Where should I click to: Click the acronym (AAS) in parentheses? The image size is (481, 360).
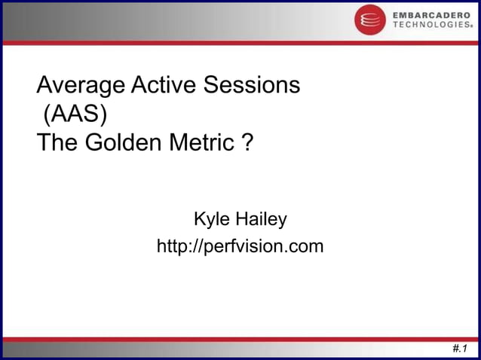click(x=74, y=114)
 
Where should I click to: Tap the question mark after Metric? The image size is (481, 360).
click(x=247, y=142)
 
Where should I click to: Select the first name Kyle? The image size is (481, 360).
click(x=211, y=220)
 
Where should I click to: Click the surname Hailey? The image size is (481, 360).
click(x=261, y=220)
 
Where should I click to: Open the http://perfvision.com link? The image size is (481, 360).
click(x=240, y=246)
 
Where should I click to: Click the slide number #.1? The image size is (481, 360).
click(x=459, y=348)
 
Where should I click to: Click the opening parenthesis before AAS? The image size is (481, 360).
click(x=47, y=114)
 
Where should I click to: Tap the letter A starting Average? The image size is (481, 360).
click(x=44, y=85)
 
